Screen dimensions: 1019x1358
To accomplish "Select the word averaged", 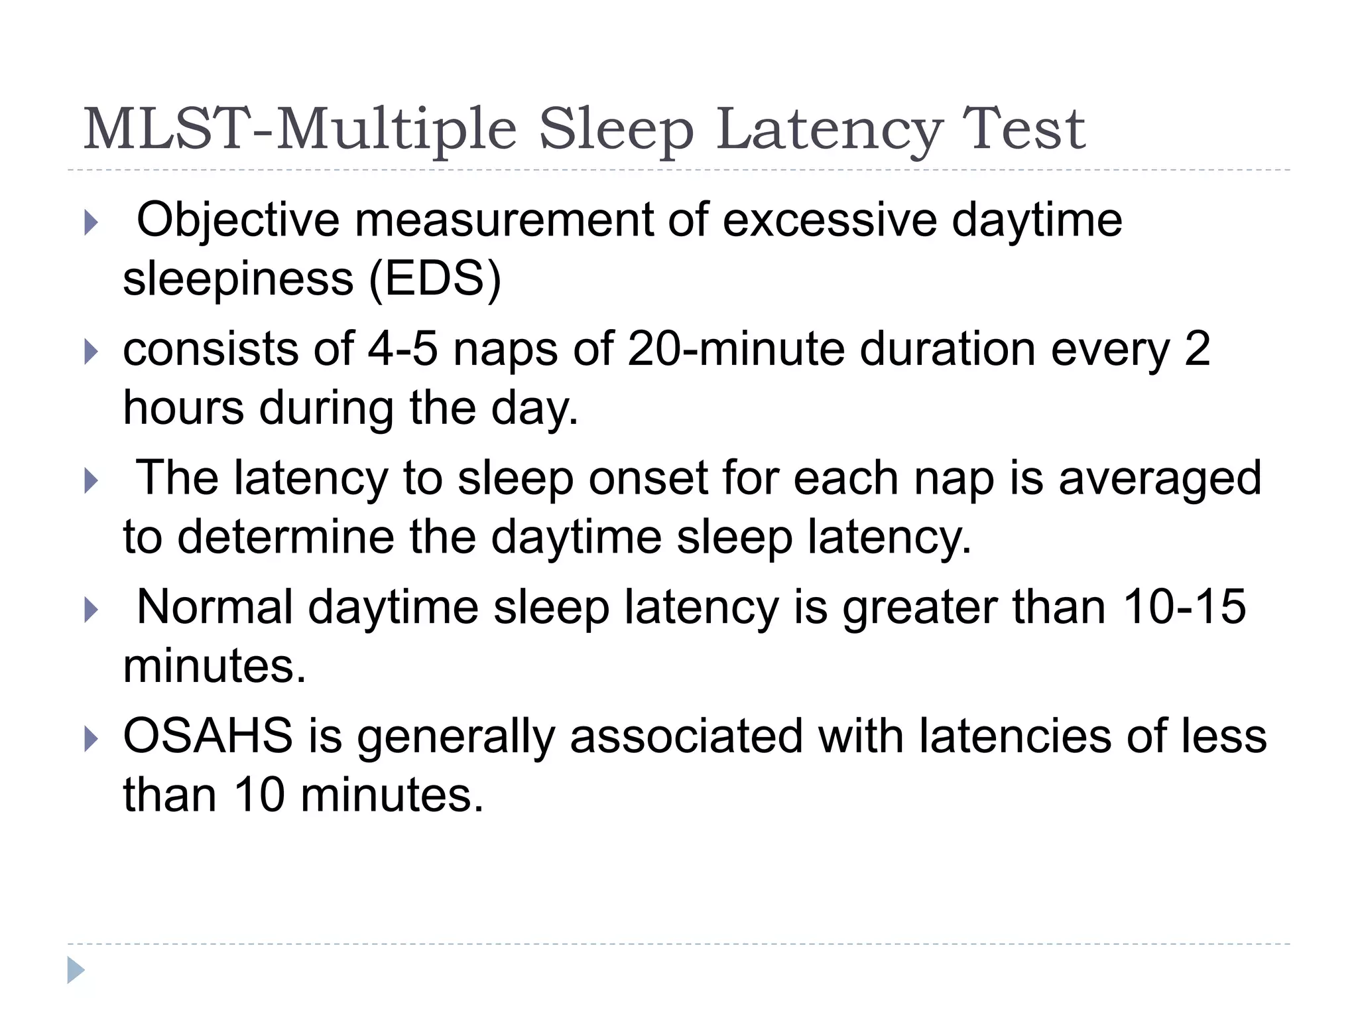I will point(1160,479).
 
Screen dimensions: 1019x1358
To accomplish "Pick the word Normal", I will point(214,607).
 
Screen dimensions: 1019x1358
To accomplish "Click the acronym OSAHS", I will point(208,736).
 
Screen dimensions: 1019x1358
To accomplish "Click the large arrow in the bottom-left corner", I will point(76,970).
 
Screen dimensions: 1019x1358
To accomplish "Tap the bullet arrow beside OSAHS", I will point(91,739).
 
